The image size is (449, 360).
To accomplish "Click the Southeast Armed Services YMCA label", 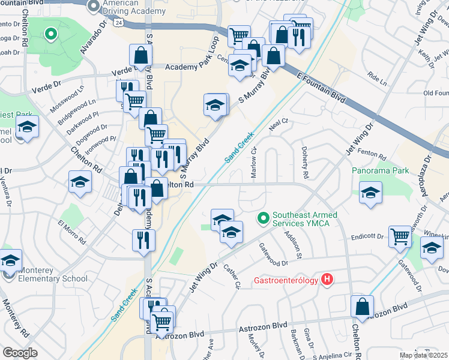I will coord(304,220).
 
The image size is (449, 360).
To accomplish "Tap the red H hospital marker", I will coord(327,279).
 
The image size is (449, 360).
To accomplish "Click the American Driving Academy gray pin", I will coord(93,6).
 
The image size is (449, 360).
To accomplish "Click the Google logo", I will coord(20,353).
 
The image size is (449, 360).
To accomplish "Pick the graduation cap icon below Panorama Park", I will coord(371,194).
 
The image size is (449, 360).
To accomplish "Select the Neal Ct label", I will coord(279,122).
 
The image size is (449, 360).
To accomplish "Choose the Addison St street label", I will coord(292,244).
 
